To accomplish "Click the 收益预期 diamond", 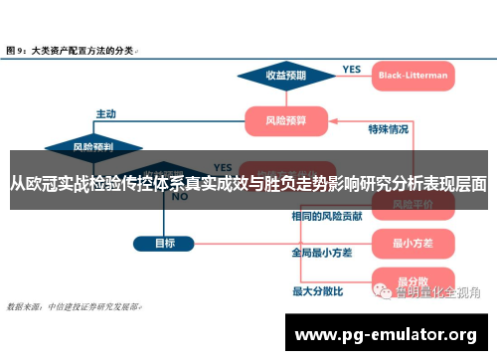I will pos(286,75).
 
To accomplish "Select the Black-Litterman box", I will pos(413,75).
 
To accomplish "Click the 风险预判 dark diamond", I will pos(93,147).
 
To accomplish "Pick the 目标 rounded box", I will pos(164,242).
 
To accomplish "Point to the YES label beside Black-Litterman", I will pos(352,70).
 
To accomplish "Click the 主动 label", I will pos(106,112).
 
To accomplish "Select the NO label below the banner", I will pos(180,197).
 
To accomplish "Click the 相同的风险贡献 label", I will pos(321,216).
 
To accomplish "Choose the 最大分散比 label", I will pos(317,291).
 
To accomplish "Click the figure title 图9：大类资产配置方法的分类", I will pos(72,49).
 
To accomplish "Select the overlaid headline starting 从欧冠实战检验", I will pos(248,183).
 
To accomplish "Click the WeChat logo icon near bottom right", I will pos(383,291).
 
